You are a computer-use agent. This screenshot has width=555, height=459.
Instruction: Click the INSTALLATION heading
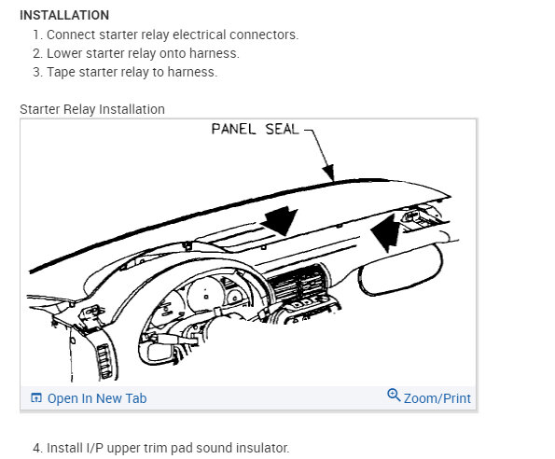pos(64,15)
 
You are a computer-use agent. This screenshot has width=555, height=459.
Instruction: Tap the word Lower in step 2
pos(64,53)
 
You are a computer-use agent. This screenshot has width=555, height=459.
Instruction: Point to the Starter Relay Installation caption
pos(92,109)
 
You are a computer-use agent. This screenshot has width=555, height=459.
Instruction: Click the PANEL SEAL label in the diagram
pos(255,129)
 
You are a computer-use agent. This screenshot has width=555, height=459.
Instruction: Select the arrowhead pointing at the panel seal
pos(329,173)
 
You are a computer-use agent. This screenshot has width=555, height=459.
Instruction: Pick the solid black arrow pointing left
pos(386,232)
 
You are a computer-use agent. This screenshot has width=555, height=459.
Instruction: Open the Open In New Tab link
pos(97,398)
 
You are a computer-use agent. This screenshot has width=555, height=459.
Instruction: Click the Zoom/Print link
pos(437,398)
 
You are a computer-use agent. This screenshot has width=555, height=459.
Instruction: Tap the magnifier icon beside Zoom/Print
pos(394,395)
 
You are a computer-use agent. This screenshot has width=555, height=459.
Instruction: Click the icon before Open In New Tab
pos(36,398)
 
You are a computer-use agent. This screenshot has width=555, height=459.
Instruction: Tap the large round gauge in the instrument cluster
pos(204,295)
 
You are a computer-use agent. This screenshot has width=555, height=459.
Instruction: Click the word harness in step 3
pos(192,72)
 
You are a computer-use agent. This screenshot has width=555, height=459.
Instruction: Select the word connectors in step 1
pos(264,35)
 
